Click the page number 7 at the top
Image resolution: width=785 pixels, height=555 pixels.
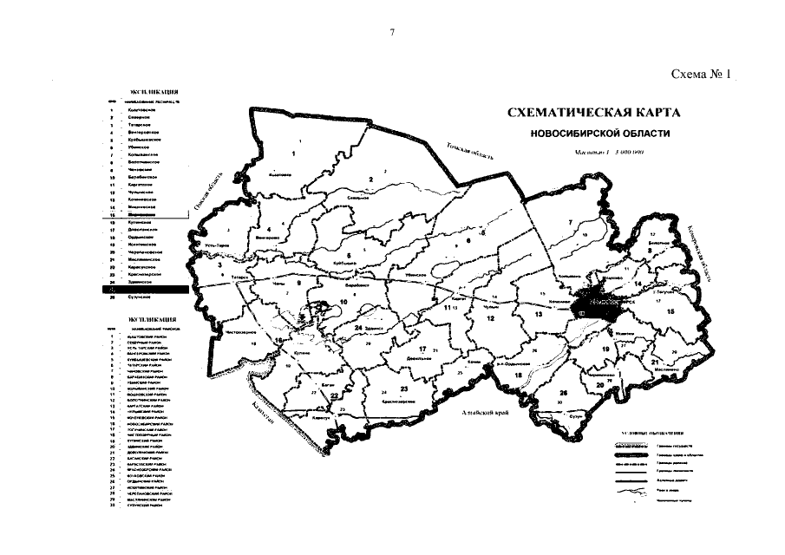(392, 33)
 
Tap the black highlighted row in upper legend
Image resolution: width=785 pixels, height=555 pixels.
(142, 289)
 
